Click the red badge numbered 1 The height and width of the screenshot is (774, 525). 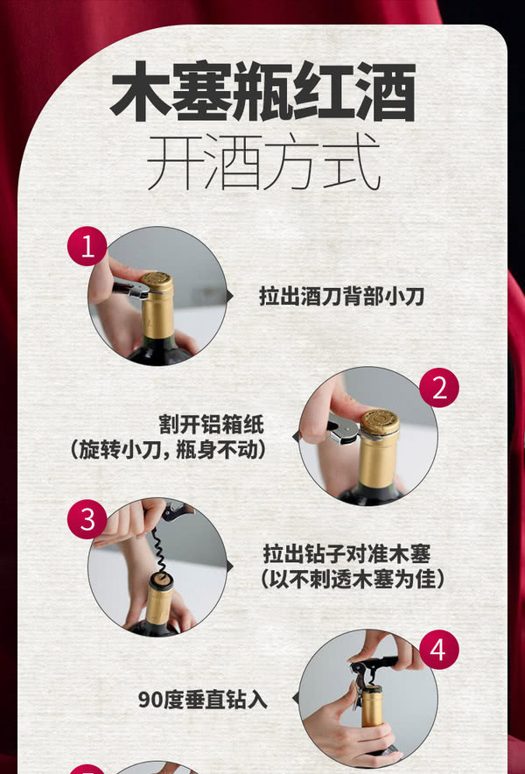click(x=87, y=246)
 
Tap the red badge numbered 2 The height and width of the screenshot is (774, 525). click(x=439, y=388)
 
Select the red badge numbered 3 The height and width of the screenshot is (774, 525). click(x=87, y=519)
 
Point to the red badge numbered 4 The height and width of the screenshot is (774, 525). click(x=439, y=649)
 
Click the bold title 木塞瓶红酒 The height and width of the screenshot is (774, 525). click(x=262, y=91)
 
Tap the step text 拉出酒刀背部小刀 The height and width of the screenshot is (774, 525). click(x=341, y=296)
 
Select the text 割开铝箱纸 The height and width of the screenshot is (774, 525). click(x=211, y=424)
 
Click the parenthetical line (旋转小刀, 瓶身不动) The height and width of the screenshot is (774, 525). click(x=167, y=449)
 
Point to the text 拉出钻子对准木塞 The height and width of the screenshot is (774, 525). click(x=346, y=553)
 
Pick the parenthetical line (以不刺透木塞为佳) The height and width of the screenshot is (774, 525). click(x=353, y=579)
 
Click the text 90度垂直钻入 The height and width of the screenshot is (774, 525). click(x=202, y=700)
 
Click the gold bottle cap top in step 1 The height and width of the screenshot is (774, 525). click(x=157, y=279)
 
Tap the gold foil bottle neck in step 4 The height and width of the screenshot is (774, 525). click(x=372, y=707)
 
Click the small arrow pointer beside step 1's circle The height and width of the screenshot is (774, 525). click(x=230, y=296)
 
